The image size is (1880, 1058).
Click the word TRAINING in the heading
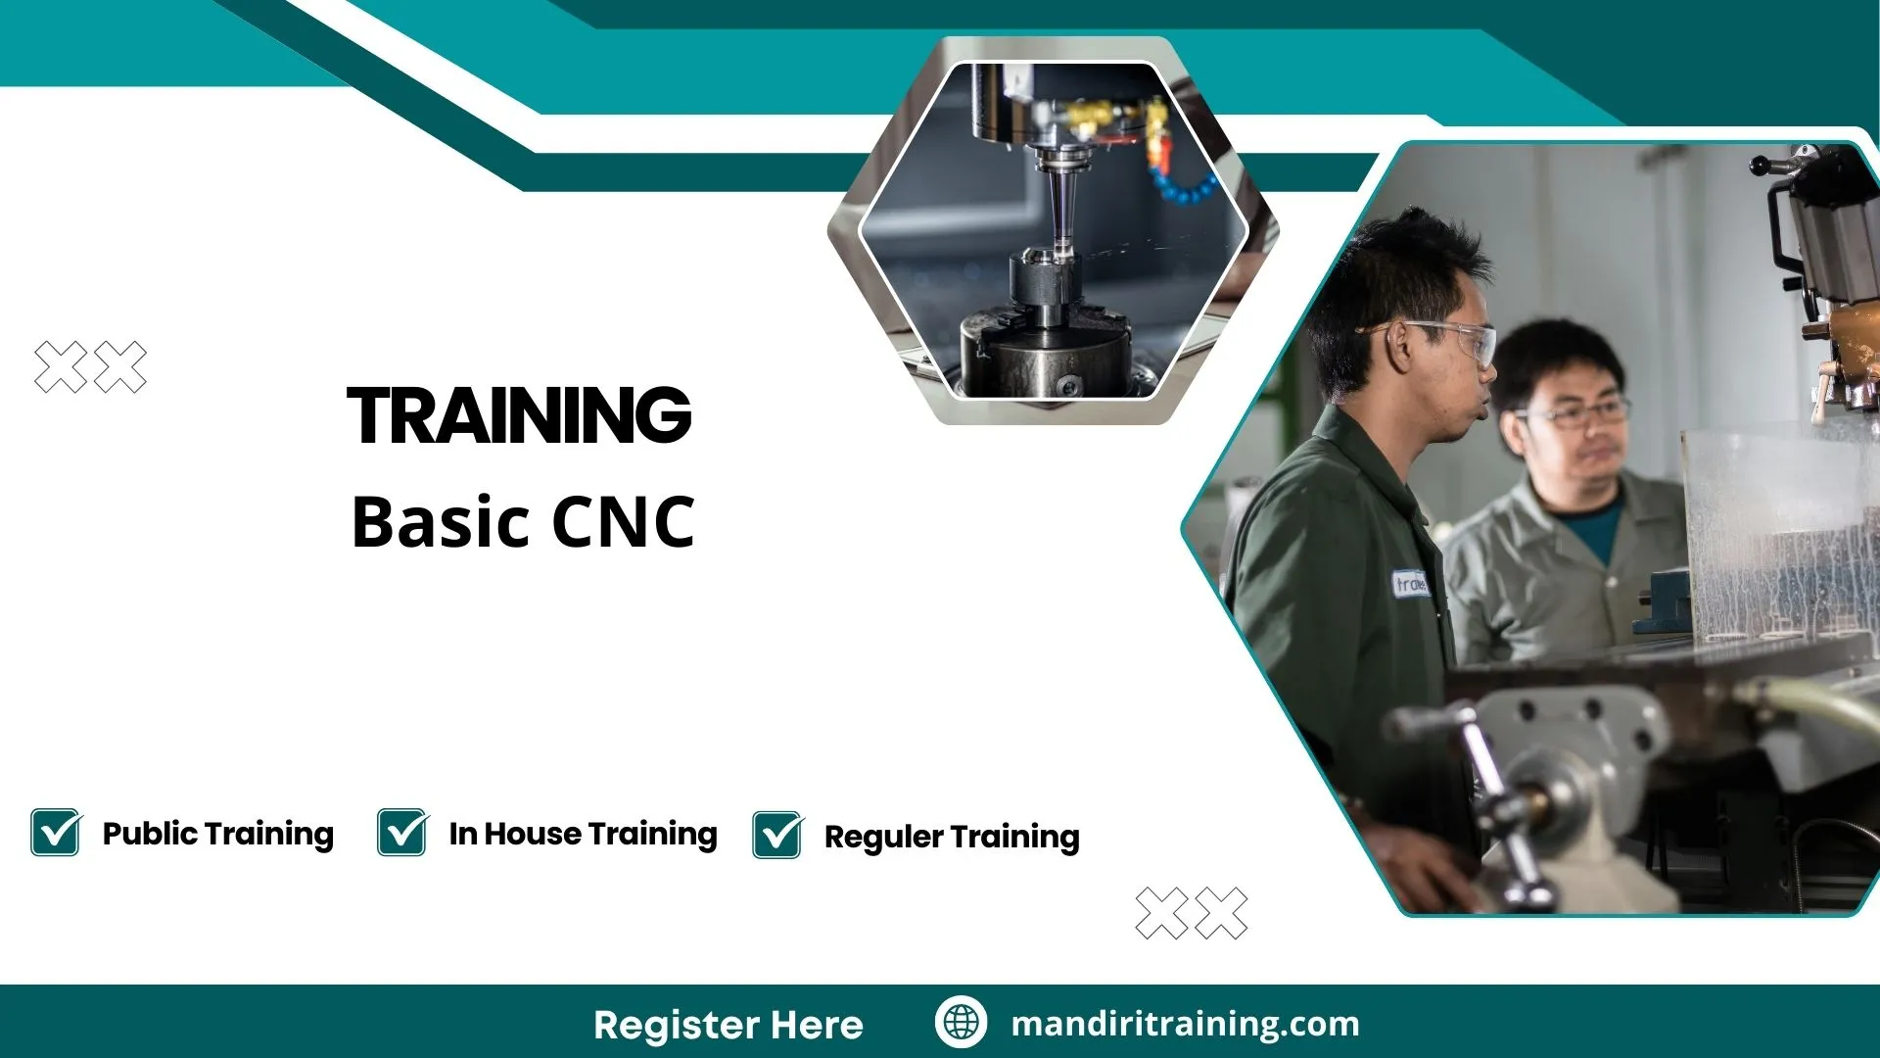[519, 415]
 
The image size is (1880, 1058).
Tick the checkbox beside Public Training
[56, 833]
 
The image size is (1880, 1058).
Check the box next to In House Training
[402, 833]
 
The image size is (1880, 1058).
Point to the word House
[533, 834]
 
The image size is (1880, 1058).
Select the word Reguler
[883, 838]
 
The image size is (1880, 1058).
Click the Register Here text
[728, 1025]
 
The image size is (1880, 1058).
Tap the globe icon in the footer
[961, 1023]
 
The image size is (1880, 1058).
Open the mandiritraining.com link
[1185, 1024]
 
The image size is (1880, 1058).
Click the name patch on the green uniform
[1410, 584]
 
